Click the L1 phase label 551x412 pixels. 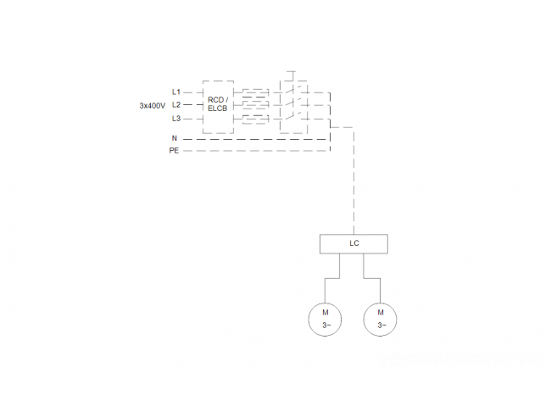176,92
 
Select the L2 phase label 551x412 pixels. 176,105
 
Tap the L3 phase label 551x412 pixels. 176,119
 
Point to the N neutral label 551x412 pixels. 175,138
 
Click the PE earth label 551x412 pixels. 174,150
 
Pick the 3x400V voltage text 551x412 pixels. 152,105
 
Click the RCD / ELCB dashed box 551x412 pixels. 203,107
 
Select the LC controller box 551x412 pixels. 353,235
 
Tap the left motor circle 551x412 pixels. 309,320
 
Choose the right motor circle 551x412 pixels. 364,320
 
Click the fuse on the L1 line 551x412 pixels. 256,92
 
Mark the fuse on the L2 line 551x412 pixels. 256,105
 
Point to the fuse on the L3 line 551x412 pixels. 256,120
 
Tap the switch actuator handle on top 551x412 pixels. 291,71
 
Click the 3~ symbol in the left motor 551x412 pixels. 326,326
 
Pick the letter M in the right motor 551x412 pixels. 381,312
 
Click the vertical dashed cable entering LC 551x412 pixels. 353,181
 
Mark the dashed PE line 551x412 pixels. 257,151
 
